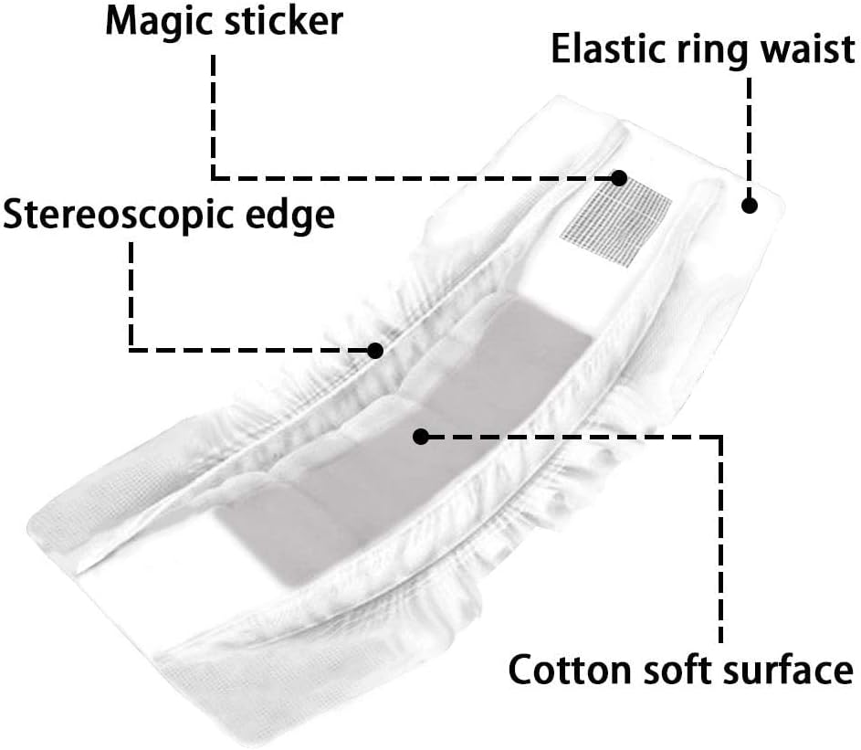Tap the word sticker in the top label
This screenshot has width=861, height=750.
283,20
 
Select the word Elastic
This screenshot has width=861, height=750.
604,49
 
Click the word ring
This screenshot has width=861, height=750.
708,51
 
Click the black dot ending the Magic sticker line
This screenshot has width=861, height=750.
620,176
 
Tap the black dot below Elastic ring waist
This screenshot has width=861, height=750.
750,205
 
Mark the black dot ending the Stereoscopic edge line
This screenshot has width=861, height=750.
374,349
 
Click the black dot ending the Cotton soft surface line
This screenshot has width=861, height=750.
421,436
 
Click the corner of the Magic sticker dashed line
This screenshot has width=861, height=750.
213,176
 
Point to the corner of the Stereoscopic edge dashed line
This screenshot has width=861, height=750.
131,349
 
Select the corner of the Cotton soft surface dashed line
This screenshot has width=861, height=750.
720,437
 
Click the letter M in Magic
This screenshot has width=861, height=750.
122,20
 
